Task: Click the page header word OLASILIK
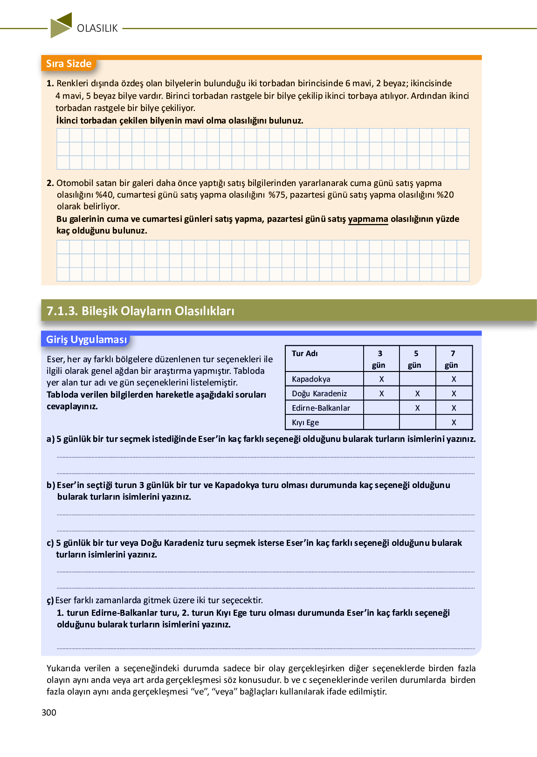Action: click(97, 28)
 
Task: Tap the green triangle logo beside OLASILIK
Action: click(61, 25)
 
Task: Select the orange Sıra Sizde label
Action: click(69, 64)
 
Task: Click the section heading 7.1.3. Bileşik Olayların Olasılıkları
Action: click(140, 311)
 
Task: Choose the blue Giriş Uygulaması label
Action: click(86, 339)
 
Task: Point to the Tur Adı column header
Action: click(305, 353)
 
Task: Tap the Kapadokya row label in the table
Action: click(311, 379)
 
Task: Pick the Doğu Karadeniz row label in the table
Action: click(319, 393)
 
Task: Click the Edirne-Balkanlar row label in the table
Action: click(321, 408)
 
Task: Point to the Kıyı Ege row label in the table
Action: click(305, 422)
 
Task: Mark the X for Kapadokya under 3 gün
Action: click(381, 379)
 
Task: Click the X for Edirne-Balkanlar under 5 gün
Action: click(417, 408)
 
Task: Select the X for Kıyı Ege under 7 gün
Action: click(454, 422)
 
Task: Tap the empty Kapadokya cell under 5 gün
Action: click(417, 379)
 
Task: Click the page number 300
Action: click(49, 712)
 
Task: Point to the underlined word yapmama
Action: click(368, 219)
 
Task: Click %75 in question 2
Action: click(277, 195)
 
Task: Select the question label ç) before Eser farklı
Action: click(50, 600)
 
